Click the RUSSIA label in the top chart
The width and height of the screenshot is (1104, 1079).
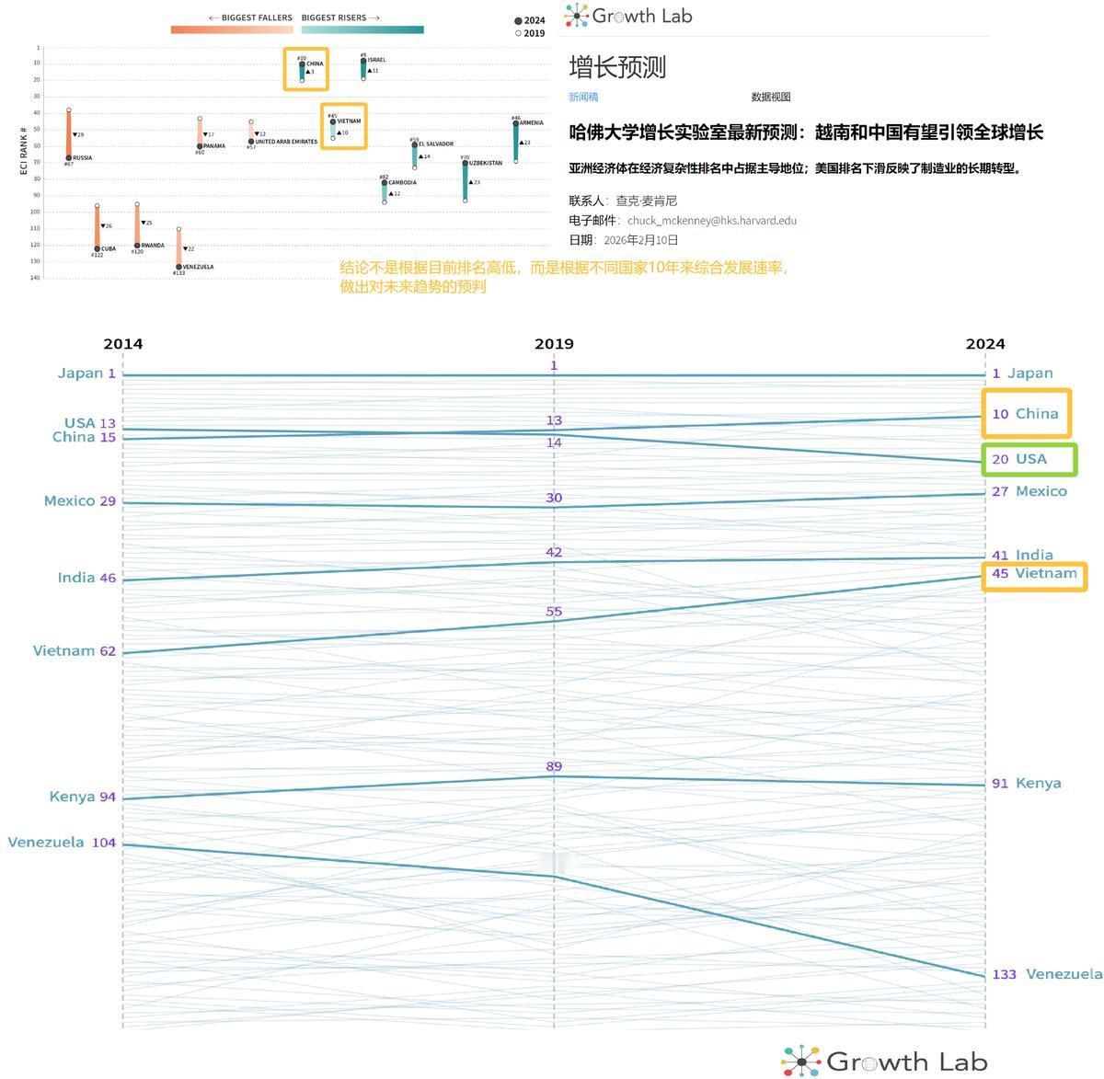point(82,157)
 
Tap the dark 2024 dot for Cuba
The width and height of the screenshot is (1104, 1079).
point(97,248)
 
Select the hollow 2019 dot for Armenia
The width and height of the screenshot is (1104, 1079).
point(515,162)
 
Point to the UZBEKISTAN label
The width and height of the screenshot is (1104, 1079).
point(484,163)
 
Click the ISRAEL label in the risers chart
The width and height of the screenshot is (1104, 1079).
point(376,60)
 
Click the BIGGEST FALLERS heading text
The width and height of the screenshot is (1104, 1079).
point(250,17)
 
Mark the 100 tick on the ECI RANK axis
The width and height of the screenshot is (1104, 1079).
point(35,212)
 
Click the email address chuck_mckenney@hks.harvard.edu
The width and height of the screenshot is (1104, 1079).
point(711,221)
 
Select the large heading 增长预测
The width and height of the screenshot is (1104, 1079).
point(616,67)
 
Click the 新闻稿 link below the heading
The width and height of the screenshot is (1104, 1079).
point(583,97)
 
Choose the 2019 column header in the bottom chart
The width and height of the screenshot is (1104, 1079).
point(554,344)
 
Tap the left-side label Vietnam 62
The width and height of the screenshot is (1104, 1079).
point(75,651)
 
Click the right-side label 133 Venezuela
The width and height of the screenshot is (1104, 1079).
point(1046,974)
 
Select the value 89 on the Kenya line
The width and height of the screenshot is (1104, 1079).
point(553,766)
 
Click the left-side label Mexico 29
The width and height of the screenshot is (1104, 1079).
point(80,501)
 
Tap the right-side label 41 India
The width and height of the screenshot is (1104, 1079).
point(1021,555)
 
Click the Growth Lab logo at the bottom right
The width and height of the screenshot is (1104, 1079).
point(885,1061)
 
